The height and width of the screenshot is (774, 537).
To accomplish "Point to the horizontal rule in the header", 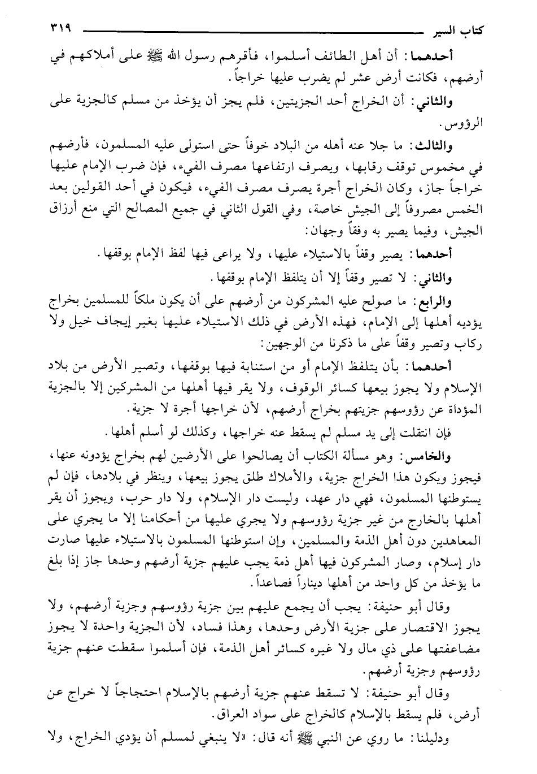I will tap(248, 30).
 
